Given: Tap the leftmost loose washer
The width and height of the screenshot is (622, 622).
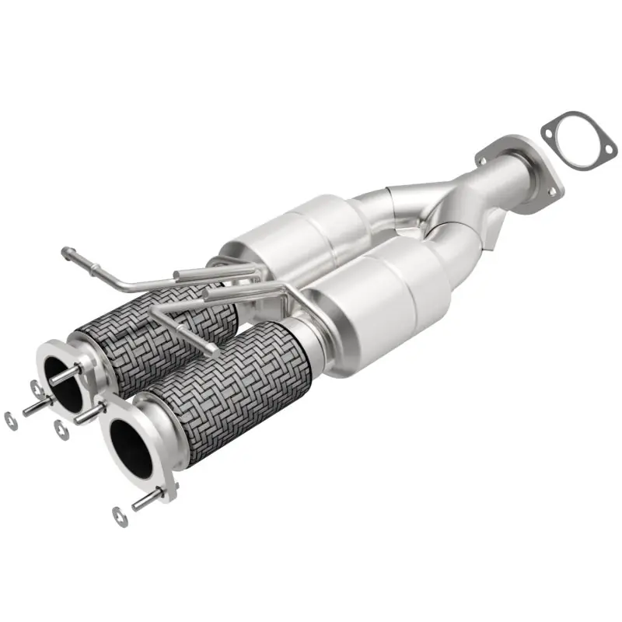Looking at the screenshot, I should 10,420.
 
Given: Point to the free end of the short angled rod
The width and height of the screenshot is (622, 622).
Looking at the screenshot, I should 212,350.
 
